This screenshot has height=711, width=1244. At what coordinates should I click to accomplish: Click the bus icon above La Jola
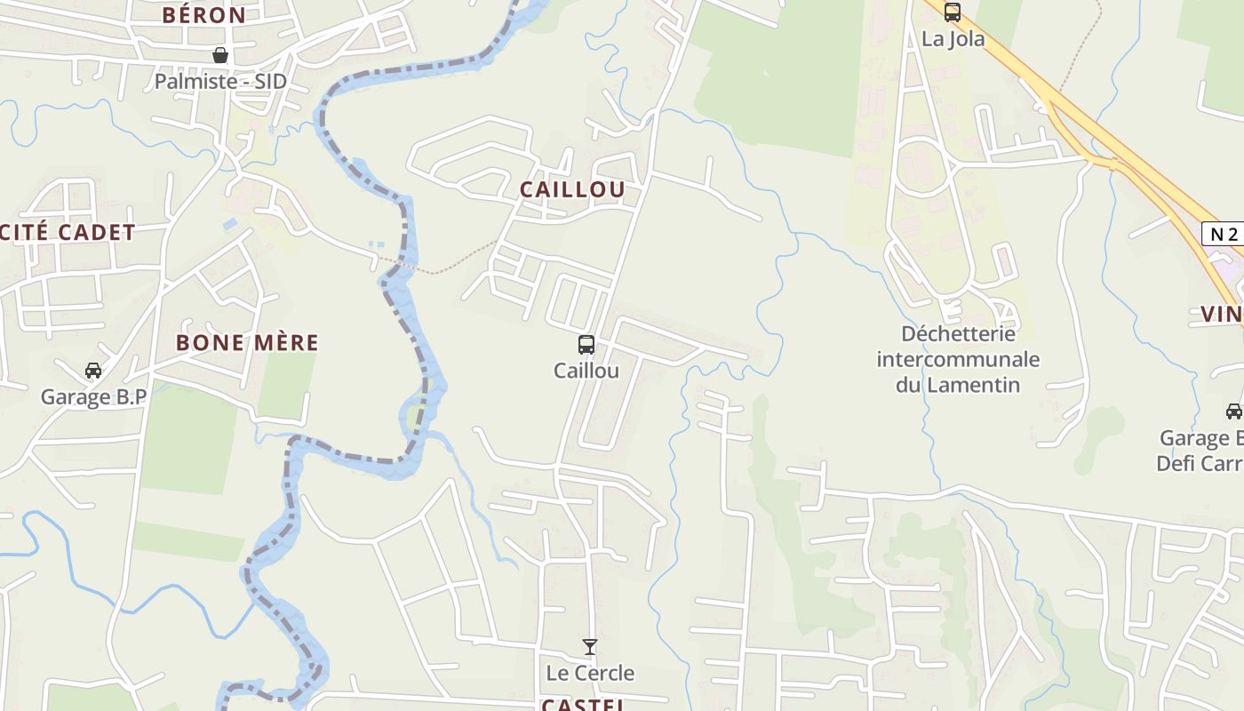pos(953,12)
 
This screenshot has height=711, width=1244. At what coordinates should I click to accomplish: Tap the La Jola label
pos(953,39)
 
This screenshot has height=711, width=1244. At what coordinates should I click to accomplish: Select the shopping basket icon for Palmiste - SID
pos(220,56)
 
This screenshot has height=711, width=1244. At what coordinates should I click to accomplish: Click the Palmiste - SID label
pos(220,82)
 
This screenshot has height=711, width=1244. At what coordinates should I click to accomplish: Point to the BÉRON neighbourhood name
pos(203,15)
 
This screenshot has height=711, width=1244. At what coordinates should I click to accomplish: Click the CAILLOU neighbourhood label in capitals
pos(572,189)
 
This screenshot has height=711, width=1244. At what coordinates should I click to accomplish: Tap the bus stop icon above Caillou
pos(586,345)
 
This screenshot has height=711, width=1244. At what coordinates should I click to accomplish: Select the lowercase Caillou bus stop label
pos(586,371)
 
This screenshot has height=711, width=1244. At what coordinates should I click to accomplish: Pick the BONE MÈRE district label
pos(247,343)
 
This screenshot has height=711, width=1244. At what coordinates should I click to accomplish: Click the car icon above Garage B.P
pos(92,371)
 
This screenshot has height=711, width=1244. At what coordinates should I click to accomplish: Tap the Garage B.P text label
pos(93,397)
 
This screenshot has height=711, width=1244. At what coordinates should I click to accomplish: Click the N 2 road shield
pos(1224,235)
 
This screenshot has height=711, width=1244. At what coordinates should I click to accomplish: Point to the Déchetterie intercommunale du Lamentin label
pos(958,359)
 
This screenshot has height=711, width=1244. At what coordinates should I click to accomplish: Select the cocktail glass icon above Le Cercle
pos(590,647)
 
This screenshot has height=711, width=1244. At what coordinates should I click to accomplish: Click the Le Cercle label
pos(590,673)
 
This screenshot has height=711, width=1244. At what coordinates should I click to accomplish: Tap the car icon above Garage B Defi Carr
pos(1233,411)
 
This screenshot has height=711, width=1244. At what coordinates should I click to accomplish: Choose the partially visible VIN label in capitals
pos(1222,314)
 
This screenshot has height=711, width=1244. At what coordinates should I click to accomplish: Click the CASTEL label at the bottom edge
pos(583,705)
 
